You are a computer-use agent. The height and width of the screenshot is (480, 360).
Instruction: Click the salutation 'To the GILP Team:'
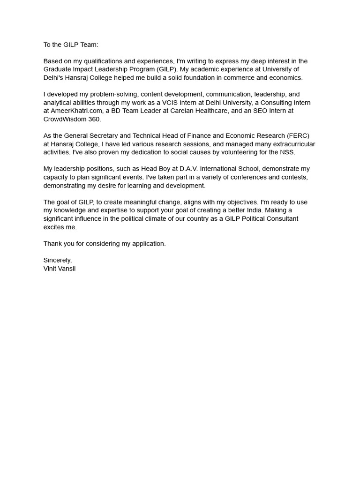click(71, 45)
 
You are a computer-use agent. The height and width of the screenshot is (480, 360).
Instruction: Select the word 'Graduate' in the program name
click(57, 69)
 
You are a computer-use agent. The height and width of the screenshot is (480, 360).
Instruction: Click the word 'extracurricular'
click(292, 144)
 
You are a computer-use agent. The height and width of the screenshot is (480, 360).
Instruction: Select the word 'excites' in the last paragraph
click(54, 227)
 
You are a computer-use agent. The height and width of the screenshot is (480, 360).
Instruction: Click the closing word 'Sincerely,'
click(58, 260)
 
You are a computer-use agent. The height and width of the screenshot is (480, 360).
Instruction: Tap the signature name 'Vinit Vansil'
click(60, 269)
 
